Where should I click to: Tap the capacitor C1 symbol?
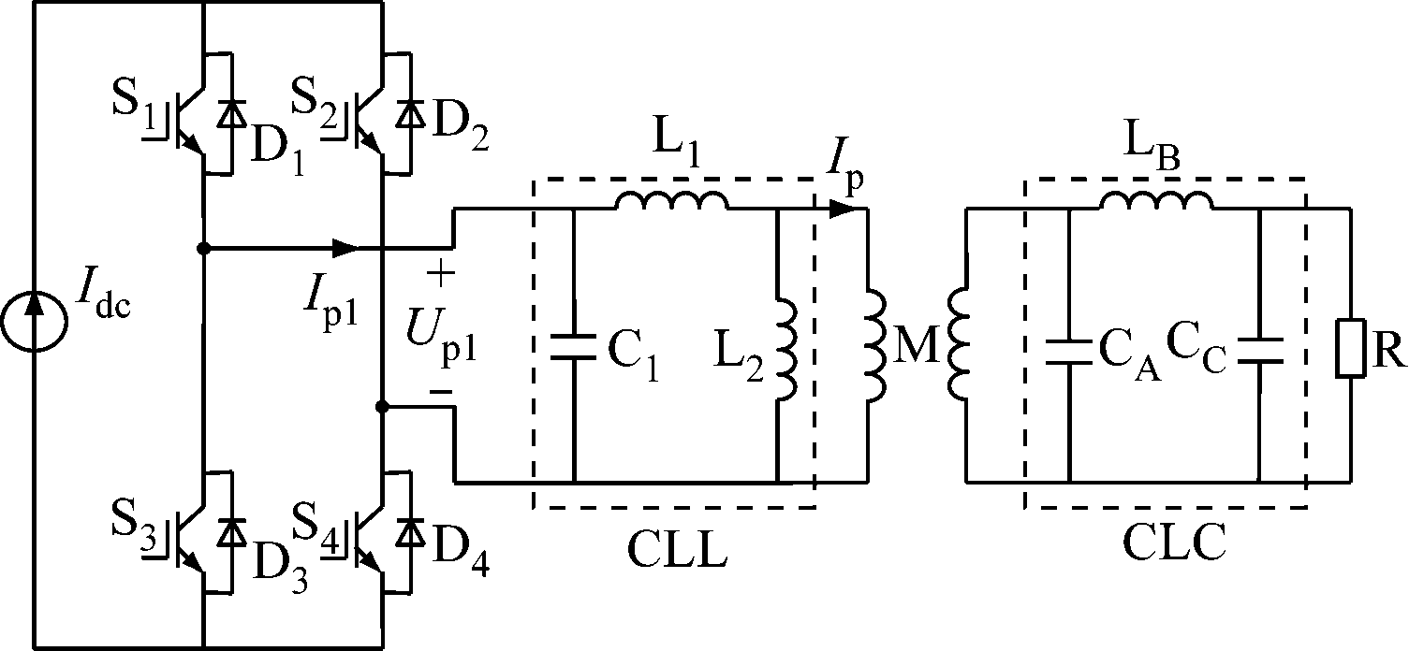click(573, 348)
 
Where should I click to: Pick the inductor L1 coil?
click(670, 201)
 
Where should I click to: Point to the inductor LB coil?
click(1155, 201)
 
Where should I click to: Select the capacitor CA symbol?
click(1067, 352)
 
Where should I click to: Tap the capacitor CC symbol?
click(1259, 352)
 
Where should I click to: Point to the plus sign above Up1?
click(440, 274)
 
